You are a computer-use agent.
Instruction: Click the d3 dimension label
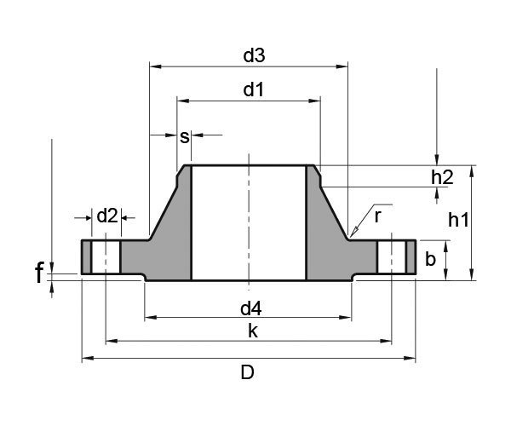[254, 55]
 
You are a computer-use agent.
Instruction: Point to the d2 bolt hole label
[106, 216]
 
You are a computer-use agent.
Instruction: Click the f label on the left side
[39, 274]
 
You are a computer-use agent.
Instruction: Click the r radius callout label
[377, 216]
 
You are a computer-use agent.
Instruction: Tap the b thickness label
[431, 259]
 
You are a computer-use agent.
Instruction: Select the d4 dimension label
[250, 306]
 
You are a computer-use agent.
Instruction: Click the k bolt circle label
[252, 331]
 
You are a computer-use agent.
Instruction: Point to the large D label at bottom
[247, 372]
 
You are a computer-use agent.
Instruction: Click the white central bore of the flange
[248, 222]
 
